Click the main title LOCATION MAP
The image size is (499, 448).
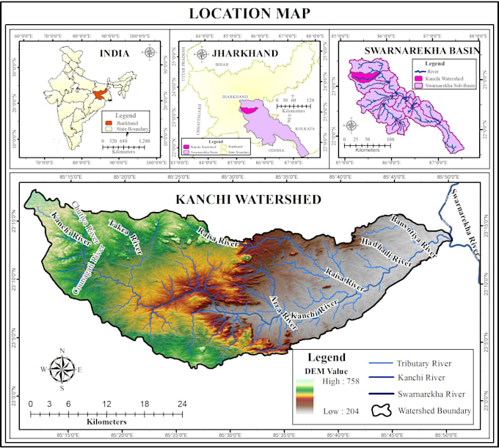pyautogui.click(x=249, y=13)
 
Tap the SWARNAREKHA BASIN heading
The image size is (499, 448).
pyautogui.click(x=413, y=50)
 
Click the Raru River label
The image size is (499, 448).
pyautogui.click(x=345, y=279)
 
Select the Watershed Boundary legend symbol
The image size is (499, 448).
pyautogui.click(x=382, y=411)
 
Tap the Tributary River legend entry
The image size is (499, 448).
pyautogui.click(x=434, y=363)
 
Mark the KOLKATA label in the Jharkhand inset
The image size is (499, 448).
pyautogui.click(x=305, y=129)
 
